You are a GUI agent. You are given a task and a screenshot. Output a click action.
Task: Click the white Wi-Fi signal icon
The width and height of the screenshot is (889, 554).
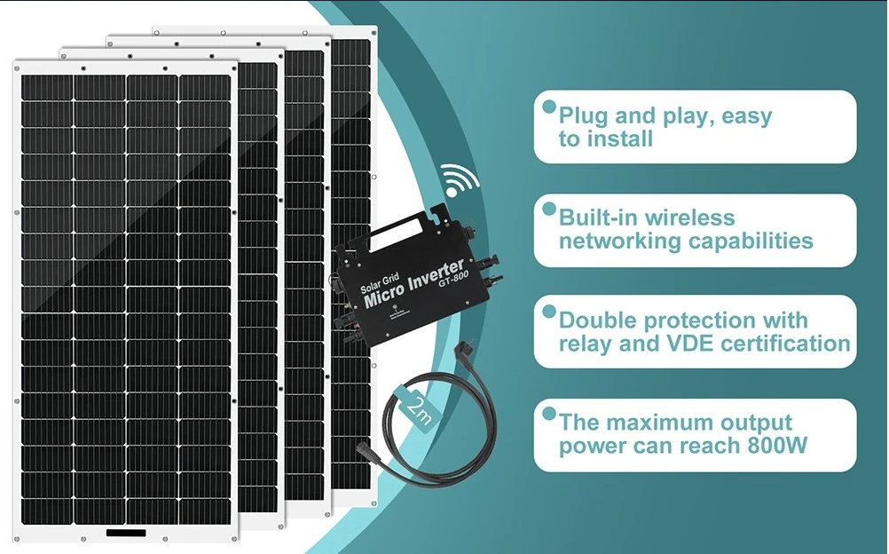[x=457, y=180]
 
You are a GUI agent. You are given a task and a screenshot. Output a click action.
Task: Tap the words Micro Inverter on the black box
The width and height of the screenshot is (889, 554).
[x=413, y=283]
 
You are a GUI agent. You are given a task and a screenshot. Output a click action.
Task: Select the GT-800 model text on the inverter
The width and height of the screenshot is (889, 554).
[x=453, y=279]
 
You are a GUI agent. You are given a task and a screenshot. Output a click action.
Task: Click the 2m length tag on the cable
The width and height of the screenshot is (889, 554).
[x=421, y=410]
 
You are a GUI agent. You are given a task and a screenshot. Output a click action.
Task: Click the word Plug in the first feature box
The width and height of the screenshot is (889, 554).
[x=583, y=117]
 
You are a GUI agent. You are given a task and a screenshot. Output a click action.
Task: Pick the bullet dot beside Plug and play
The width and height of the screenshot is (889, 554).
[x=549, y=107]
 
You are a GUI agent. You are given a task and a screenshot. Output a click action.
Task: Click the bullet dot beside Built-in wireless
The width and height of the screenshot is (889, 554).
[x=549, y=209]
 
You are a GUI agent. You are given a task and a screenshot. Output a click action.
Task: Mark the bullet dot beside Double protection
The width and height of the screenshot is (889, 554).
[x=549, y=311]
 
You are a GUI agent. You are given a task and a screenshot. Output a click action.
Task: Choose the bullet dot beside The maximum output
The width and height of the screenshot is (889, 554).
[x=549, y=413]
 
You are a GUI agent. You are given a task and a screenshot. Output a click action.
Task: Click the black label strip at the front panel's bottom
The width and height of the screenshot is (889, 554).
[x=126, y=533]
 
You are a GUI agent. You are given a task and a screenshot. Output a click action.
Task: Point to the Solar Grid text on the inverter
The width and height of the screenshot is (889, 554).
[x=380, y=282]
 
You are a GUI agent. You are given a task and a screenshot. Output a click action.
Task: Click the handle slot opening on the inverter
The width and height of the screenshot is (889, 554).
[x=396, y=234]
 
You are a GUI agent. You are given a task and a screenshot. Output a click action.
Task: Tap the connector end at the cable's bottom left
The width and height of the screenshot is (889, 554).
[x=361, y=451]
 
